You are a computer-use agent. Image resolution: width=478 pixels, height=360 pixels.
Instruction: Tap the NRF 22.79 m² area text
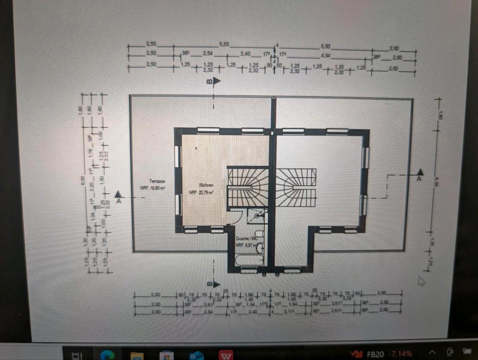[x=201, y=192]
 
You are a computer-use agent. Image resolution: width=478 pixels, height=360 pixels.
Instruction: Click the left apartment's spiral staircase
[x=247, y=187]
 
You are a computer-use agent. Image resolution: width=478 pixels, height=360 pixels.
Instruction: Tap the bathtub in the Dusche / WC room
[x=249, y=259]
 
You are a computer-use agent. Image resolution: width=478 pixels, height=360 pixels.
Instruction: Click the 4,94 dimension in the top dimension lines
[x=325, y=55]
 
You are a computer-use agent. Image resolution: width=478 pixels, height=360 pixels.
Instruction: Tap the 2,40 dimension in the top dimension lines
[x=245, y=54]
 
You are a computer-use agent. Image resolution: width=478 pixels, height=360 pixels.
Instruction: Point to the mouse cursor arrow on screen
[x=421, y=281]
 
